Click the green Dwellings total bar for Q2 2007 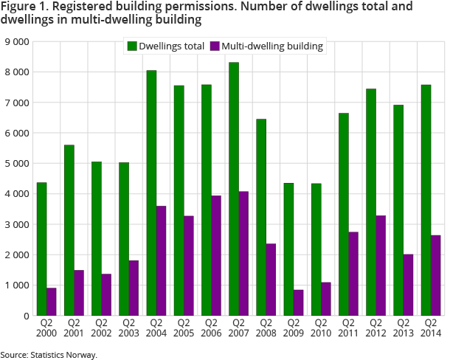pyautogui.click(x=234, y=189)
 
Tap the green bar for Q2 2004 pyautogui.click(x=151, y=193)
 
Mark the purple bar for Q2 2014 pyautogui.click(x=436, y=275)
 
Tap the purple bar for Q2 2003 pyautogui.click(x=134, y=288)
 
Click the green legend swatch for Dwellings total pyautogui.click(x=132, y=46)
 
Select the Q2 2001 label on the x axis pyautogui.click(x=74, y=328)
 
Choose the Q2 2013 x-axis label pyautogui.click(x=403, y=328)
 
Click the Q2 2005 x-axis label pyautogui.click(x=184, y=328)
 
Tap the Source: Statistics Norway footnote pyautogui.click(x=49, y=355)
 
